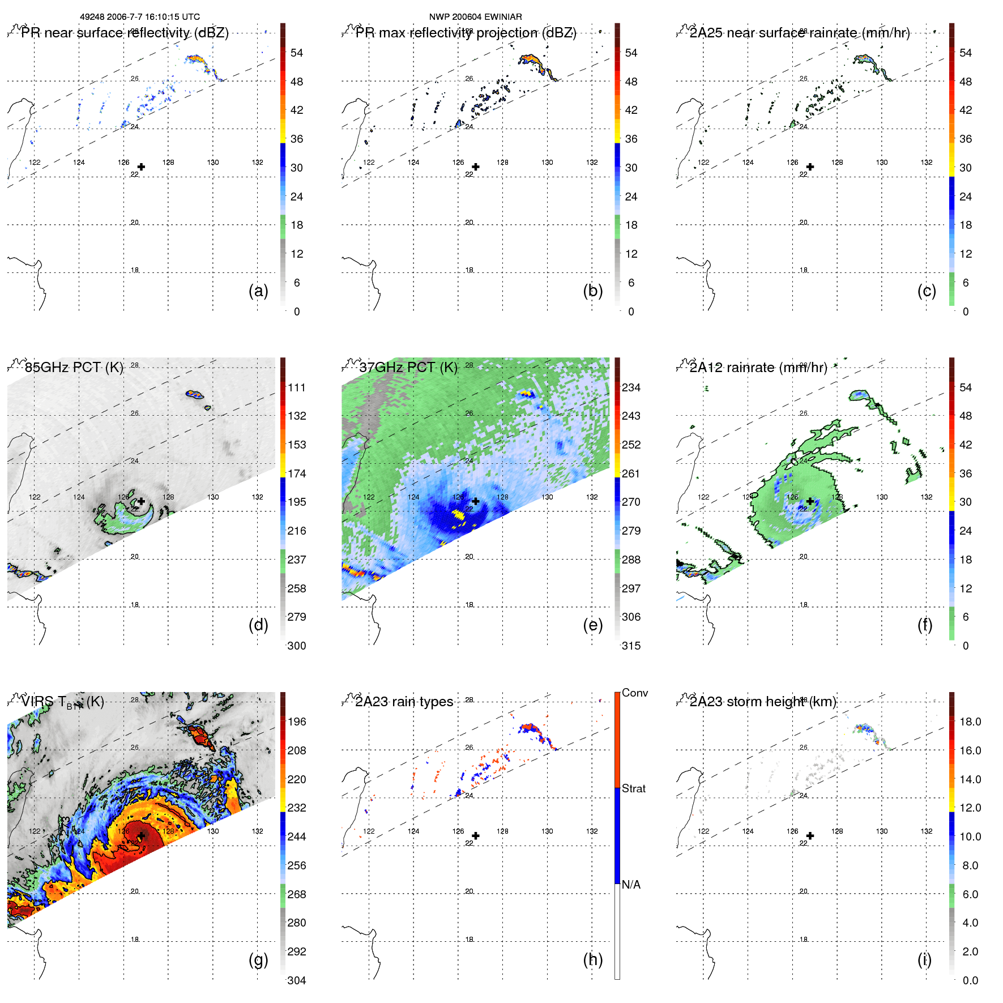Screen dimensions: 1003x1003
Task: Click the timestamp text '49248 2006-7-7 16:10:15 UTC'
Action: point(139,17)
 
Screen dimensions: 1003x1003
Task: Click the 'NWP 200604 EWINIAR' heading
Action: point(475,17)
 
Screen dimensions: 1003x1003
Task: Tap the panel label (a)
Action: point(258,291)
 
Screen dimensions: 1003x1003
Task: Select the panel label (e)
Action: point(592,625)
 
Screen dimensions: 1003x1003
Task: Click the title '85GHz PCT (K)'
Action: point(74,367)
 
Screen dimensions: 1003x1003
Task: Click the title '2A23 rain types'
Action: point(404,702)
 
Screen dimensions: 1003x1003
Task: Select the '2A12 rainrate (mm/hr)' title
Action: point(758,367)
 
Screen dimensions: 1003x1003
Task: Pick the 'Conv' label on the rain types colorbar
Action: point(634,693)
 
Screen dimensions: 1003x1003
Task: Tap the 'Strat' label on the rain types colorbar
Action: point(633,788)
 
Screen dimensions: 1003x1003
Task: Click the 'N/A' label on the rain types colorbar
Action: point(631,885)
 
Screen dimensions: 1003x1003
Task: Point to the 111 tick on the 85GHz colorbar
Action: point(297,387)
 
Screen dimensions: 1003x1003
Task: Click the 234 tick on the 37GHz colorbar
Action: point(631,387)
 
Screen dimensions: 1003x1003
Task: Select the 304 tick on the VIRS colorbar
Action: point(297,980)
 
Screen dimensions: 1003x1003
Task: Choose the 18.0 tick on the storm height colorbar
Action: point(970,722)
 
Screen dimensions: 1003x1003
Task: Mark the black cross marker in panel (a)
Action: point(141,167)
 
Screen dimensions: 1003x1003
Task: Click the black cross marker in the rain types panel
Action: point(476,835)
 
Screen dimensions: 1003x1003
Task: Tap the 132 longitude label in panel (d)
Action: point(258,497)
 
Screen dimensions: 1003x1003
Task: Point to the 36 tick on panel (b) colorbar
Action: point(631,139)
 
